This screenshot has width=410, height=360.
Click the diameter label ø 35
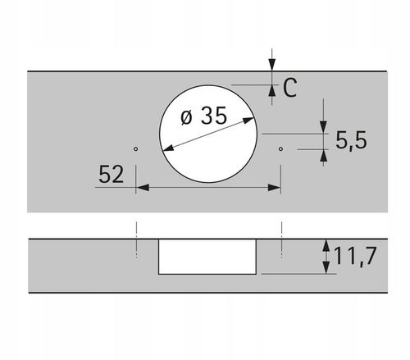click(202, 116)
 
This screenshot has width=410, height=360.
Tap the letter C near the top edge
click(289, 88)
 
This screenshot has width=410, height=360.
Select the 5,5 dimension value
click(350, 140)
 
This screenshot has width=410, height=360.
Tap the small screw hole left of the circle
click(136, 149)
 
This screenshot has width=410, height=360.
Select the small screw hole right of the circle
click(281, 149)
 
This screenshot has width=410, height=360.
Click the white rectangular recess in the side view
click(208, 257)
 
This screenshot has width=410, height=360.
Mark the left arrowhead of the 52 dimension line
click(141, 188)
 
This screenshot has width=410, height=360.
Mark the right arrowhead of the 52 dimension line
click(276, 188)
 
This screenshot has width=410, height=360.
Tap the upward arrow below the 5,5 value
click(325, 155)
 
